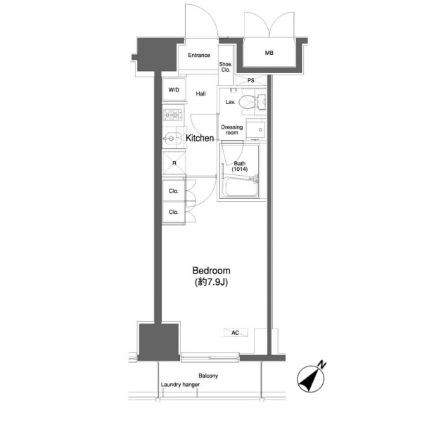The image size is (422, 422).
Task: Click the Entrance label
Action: pyautogui.click(x=199, y=55)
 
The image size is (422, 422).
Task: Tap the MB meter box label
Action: pyautogui.click(x=269, y=53)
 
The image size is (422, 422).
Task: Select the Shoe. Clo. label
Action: pyautogui.click(x=226, y=67)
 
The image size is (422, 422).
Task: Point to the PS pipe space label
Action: pyautogui.click(x=250, y=80)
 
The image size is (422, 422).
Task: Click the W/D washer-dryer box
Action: pyautogui.click(x=174, y=89)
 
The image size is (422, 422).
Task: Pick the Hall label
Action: pyautogui.click(x=200, y=94)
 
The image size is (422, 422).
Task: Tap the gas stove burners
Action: pyautogui.click(x=172, y=115)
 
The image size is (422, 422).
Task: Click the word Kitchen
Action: pyautogui.click(x=200, y=138)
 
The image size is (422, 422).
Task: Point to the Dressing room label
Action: pyautogui.click(x=231, y=129)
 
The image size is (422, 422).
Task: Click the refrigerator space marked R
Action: pyautogui.click(x=174, y=163)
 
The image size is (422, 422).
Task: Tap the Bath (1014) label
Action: pyautogui.click(x=240, y=166)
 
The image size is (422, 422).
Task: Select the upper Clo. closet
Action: pyautogui.click(x=174, y=191)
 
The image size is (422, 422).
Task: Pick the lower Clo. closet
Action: pyautogui.click(x=174, y=212)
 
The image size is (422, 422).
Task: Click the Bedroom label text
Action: pyautogui.click(x=211, y=271)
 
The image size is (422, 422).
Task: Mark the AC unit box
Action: pyautogui.click(x=236, y=333)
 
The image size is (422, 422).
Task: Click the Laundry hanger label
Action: pyautogui.click(x=180, y=385)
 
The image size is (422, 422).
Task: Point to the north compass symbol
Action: pyautogui.click(x=311, y=378)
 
